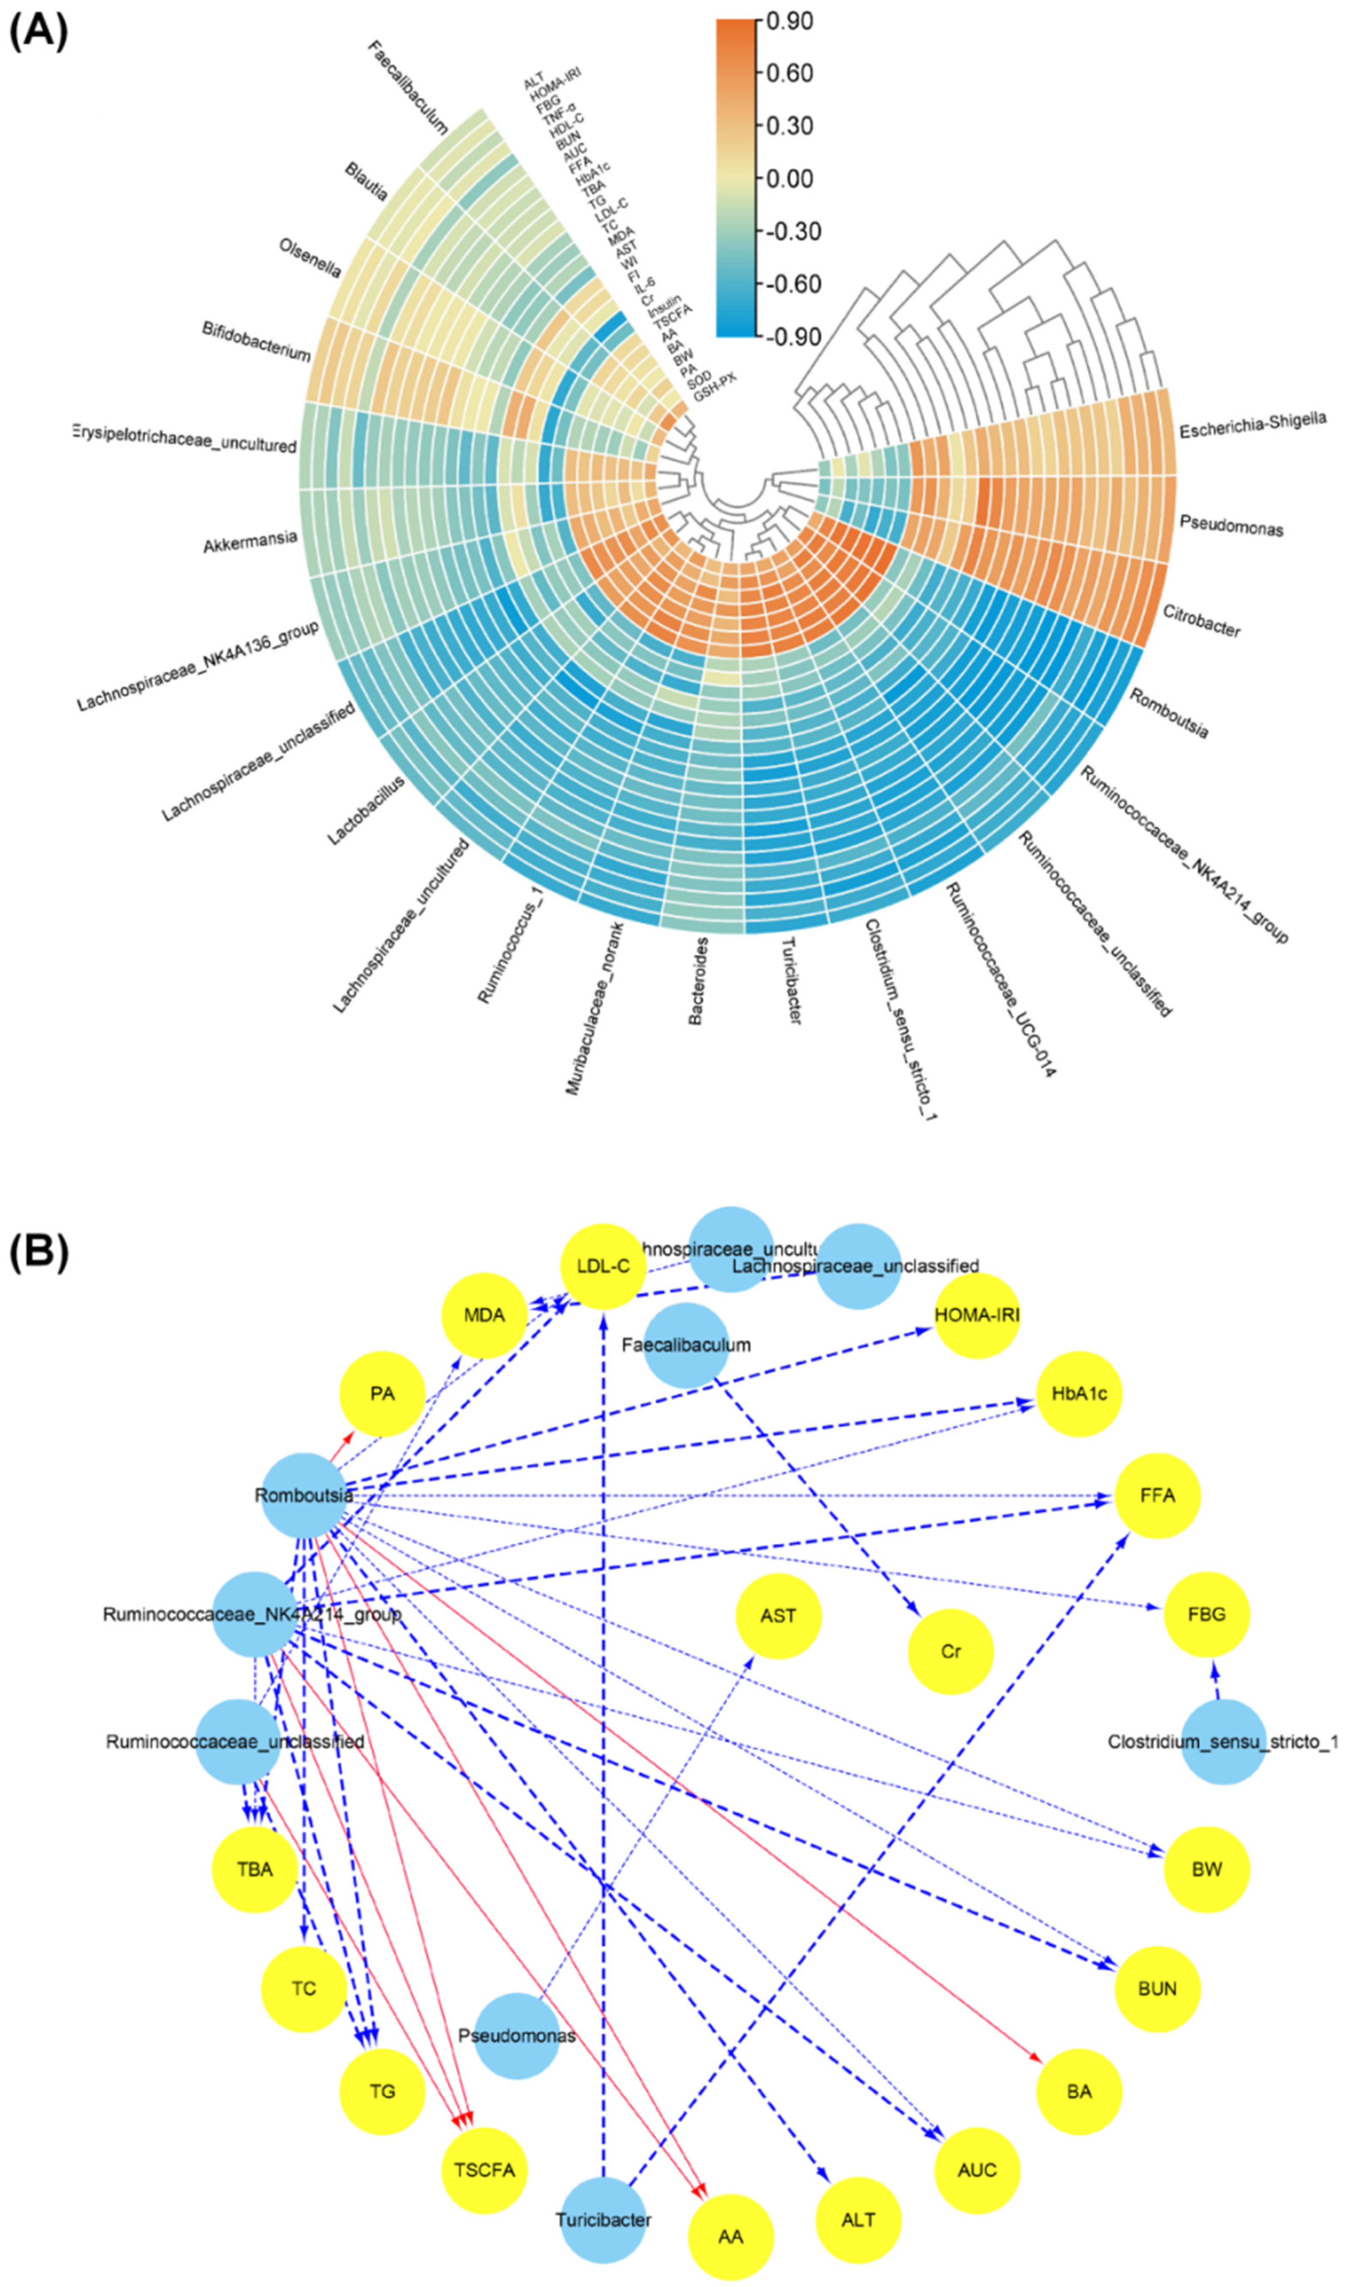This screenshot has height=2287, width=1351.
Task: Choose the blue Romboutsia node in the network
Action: (303, 1495)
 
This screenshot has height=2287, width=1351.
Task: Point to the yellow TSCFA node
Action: (485, 2169)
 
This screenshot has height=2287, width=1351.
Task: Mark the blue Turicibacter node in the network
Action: (603, 2220)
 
